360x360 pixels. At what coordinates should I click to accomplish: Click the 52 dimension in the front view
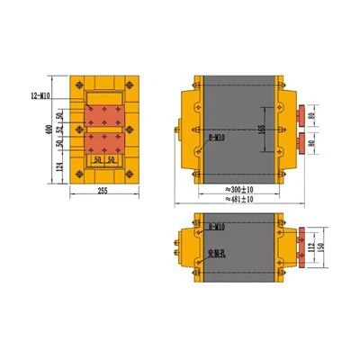pos(58,130)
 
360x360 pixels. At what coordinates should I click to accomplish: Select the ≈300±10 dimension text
pos(237,191)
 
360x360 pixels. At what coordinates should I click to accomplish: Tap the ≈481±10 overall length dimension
pos(237,200)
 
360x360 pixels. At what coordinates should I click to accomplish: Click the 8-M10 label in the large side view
pos(218,137)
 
